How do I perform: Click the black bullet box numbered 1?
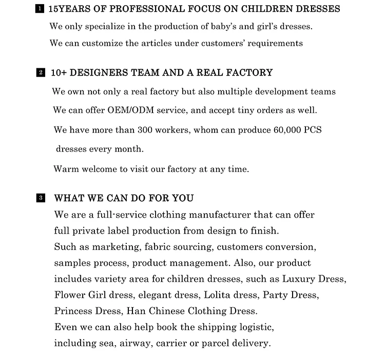coord(40,9)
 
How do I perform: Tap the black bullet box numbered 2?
coord(41,73)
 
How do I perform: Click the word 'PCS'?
coord(313,130)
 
